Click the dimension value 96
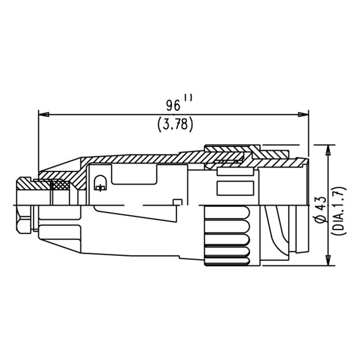click(173, 106)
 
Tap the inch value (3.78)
click(175, 125)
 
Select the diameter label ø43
click(321, 209)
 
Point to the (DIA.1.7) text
click(339, 210)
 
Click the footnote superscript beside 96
click(188, 98)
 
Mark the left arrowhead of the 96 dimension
click(44, 114)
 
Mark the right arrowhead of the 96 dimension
click(303, 114)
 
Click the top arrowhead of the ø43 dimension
click(328, 150)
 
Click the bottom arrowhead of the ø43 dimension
click(328, 260)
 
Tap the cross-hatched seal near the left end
click(60, 185)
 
